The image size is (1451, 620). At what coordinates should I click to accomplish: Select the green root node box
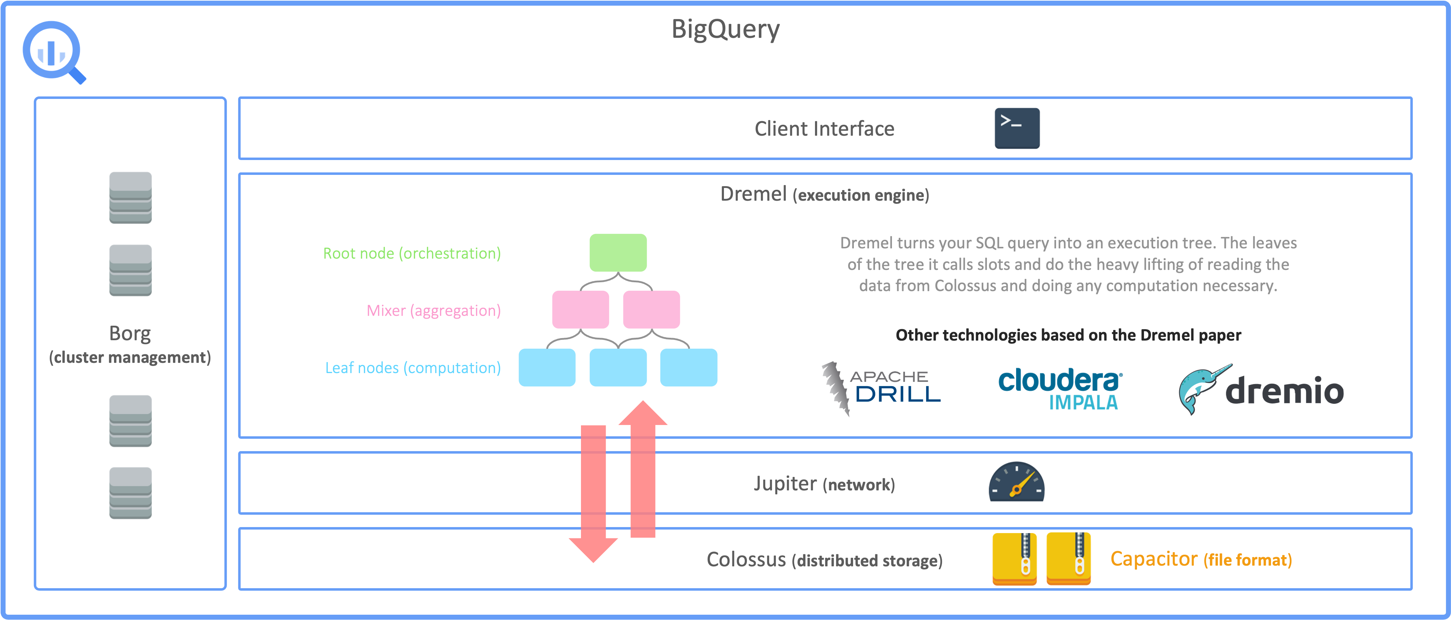pos(618,253)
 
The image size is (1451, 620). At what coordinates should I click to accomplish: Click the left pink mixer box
pos(580,309)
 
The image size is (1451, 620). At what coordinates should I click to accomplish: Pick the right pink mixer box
pos(651,309)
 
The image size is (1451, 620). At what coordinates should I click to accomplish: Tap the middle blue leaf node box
pos(618,367)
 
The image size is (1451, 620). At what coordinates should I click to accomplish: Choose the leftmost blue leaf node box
pos(547,367)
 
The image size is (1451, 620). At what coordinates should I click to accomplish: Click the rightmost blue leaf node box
pos(688,367)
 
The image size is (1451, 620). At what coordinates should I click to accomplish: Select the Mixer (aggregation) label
pos(433,311)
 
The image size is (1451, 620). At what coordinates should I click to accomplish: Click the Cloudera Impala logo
pos(1060,389)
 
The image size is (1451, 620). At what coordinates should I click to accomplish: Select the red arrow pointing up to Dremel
pos(643,468)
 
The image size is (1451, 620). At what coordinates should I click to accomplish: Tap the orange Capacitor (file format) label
pos(1201,559)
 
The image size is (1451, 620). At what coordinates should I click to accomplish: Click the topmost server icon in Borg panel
pos(130,197)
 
